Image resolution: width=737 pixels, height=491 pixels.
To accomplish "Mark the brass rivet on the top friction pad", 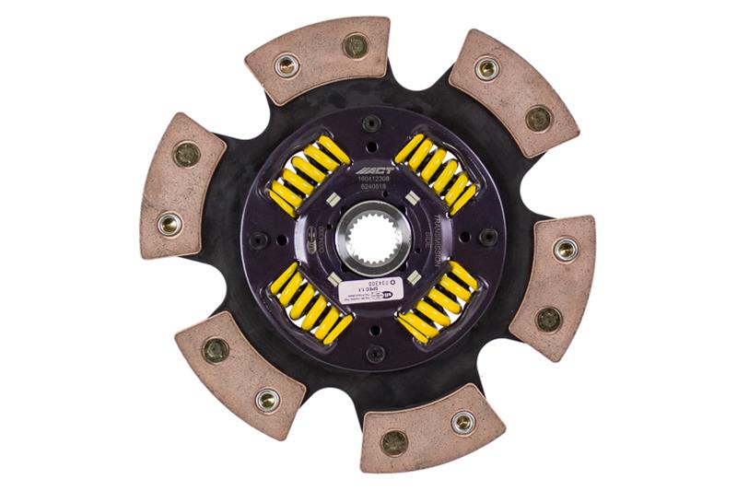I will click(354, 44).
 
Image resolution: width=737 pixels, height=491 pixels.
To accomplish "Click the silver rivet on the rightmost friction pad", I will click(565, 248).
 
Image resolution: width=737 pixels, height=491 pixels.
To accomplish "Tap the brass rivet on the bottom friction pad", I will click(393, 442).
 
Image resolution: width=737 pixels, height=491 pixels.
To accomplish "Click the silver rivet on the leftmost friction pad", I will click(170, 223).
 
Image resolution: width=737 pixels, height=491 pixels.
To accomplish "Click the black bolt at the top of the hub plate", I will click(372, 124).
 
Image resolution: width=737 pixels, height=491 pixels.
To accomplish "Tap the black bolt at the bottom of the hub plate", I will click(375, 353).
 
